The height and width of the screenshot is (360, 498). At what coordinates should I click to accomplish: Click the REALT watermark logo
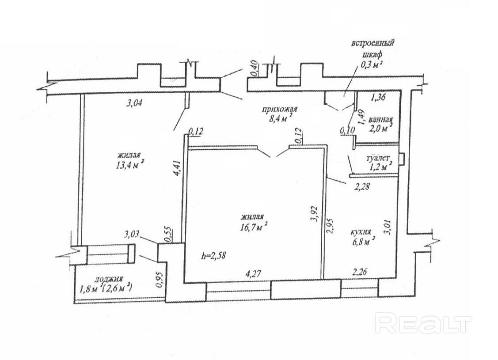tap(423, 324)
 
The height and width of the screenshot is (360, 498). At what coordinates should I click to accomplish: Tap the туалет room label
tap(378, 159)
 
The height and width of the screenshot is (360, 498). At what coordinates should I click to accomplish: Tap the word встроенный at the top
tap(373, 43)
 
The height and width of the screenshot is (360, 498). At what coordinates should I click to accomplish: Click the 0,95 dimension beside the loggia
tap(161, 279)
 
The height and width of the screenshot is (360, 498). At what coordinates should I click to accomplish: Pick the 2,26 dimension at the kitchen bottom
tap(360, 272)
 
